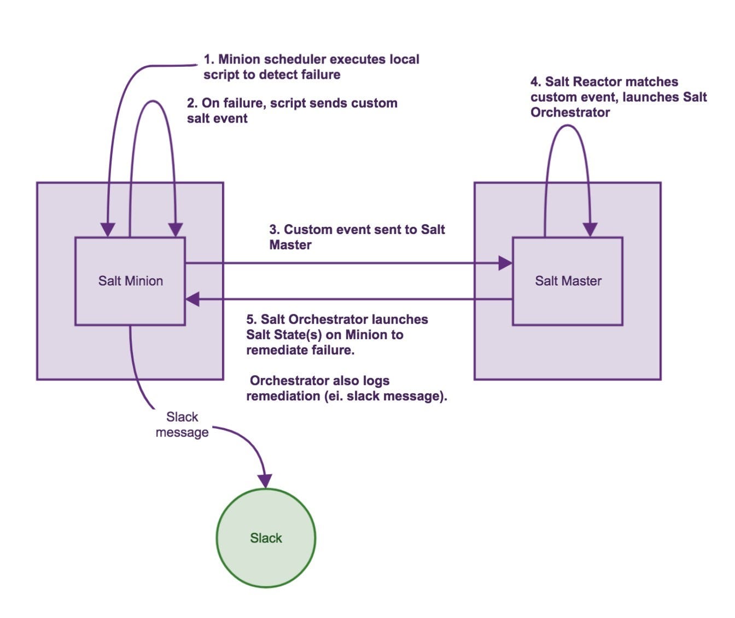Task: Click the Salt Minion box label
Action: tap(131, 281)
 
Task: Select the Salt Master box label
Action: tap(568, 281)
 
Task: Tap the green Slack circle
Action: tap(266, 538)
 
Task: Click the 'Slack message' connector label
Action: tap(182, 425)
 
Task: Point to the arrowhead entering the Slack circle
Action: tap(265, 481)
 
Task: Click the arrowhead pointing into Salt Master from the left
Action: tap(505, 264)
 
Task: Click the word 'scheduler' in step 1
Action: tap(293, 59)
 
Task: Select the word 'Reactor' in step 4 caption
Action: tap(595, 82)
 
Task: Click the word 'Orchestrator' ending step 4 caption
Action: tap(570, 113)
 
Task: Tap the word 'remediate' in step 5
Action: tap(273, 350)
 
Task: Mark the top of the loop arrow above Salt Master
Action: tap(568, 126)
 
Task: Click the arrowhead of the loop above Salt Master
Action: tap(590, 230)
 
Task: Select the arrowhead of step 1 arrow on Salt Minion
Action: tap(108, 230)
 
